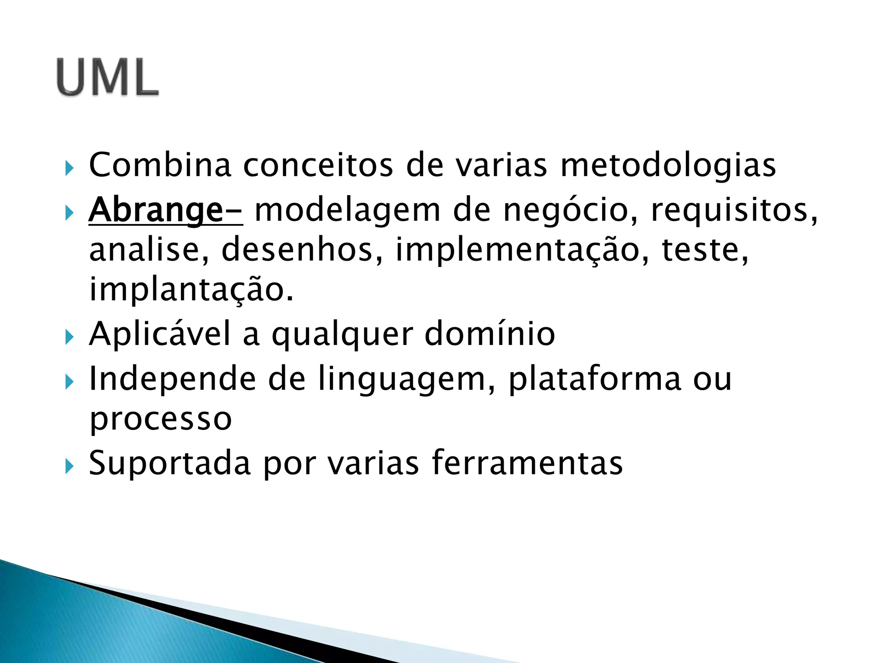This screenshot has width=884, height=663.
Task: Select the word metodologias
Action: pyautogui.click(x=668, y=166)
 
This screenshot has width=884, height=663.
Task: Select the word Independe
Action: pyautogui.click(x=172, y=379)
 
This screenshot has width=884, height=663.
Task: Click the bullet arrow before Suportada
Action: pyautogui.click(x=69, y=466)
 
